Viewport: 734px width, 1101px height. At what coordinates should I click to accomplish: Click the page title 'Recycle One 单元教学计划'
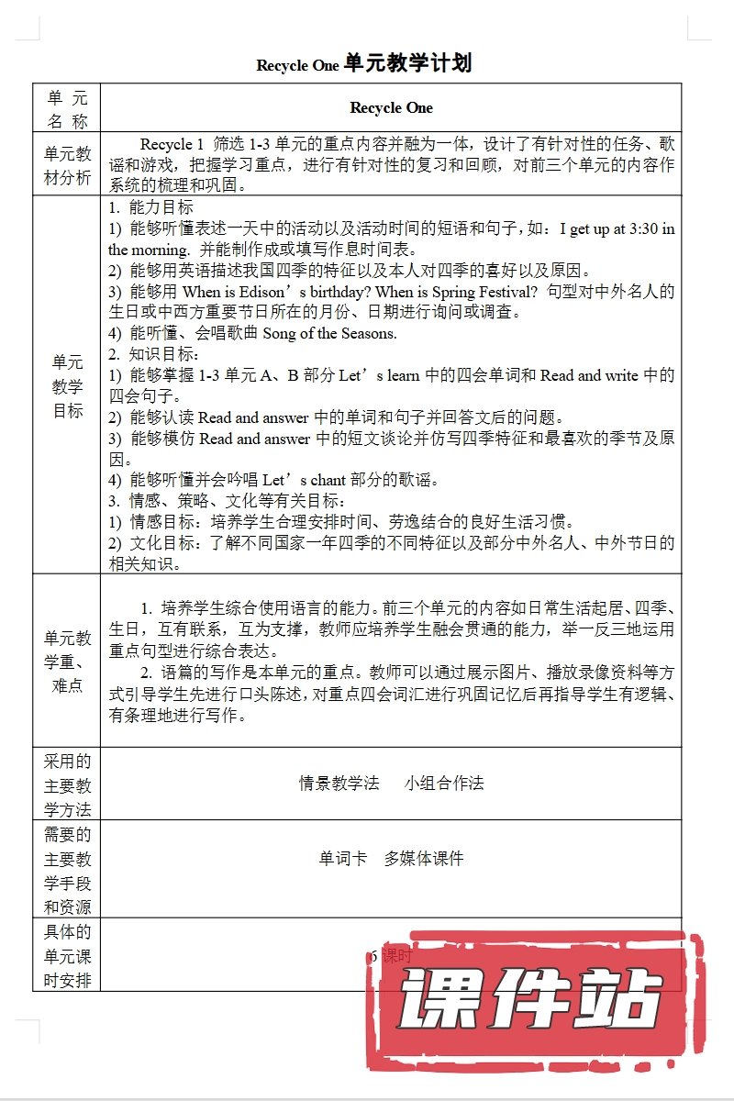coord(364,64)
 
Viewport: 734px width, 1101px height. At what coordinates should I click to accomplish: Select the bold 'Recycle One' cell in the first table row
coord(391,107)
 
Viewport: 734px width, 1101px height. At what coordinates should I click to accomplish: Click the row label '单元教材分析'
coord(67,166)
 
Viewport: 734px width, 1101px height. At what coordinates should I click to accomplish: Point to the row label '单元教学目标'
coord(67,386)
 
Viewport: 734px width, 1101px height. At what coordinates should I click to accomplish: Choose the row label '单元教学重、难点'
coord(67,662)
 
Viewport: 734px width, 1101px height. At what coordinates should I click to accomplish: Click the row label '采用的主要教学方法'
coord(67,784)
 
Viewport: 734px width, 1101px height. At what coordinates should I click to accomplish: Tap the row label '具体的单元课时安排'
coord(67,956)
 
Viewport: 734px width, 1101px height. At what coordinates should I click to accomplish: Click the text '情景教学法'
coord(339,783)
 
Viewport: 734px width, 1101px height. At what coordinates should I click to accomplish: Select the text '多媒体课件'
coord(424,859)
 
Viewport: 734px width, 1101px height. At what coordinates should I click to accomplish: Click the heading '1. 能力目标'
coord(150,208)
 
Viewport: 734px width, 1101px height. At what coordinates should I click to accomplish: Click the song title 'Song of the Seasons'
coord(329,333)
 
